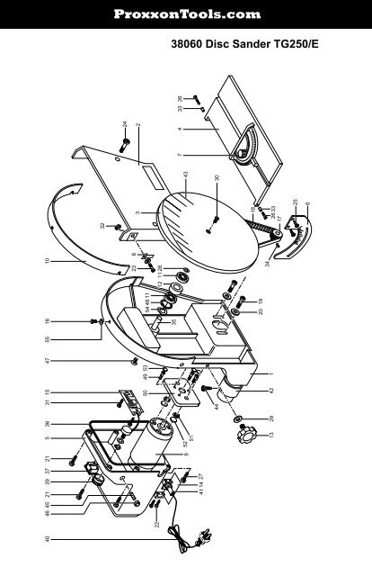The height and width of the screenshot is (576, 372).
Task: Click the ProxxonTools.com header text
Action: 186,14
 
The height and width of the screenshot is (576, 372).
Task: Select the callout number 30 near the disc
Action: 217,179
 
